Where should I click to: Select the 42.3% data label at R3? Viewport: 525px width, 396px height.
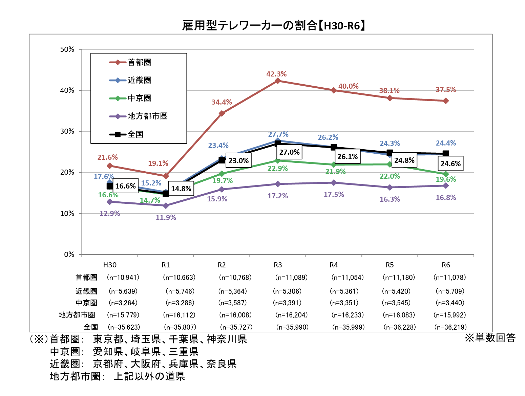(276, 74)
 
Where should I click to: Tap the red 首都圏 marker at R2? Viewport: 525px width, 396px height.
(222, 113)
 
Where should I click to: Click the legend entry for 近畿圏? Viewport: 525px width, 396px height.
(139, 80)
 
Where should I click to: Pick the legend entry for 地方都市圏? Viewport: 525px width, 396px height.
(147, 116)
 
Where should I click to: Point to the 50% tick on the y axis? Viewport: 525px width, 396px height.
(67, 49)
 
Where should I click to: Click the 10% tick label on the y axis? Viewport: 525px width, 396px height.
(67, 214)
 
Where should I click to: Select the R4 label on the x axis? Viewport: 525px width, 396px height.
(334, 265)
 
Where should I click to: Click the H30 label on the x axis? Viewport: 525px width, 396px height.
(110, 265)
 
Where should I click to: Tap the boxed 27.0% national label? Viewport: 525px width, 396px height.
(289, 152)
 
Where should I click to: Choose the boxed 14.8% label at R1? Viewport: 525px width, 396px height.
(181, 189)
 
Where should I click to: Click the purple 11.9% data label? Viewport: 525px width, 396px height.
(166, 218)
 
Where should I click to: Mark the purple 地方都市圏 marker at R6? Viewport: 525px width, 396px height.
(446, 185)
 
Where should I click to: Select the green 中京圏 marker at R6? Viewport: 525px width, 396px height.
(446, 174)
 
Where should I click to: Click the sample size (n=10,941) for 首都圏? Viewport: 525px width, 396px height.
(123, 278)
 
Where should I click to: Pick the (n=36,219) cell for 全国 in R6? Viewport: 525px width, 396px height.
(450, 327)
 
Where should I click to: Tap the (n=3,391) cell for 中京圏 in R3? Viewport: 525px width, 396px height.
(287, 303)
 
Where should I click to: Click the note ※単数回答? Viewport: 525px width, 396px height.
(490, 338)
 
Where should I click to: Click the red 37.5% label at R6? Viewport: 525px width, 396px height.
(446, 90)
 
